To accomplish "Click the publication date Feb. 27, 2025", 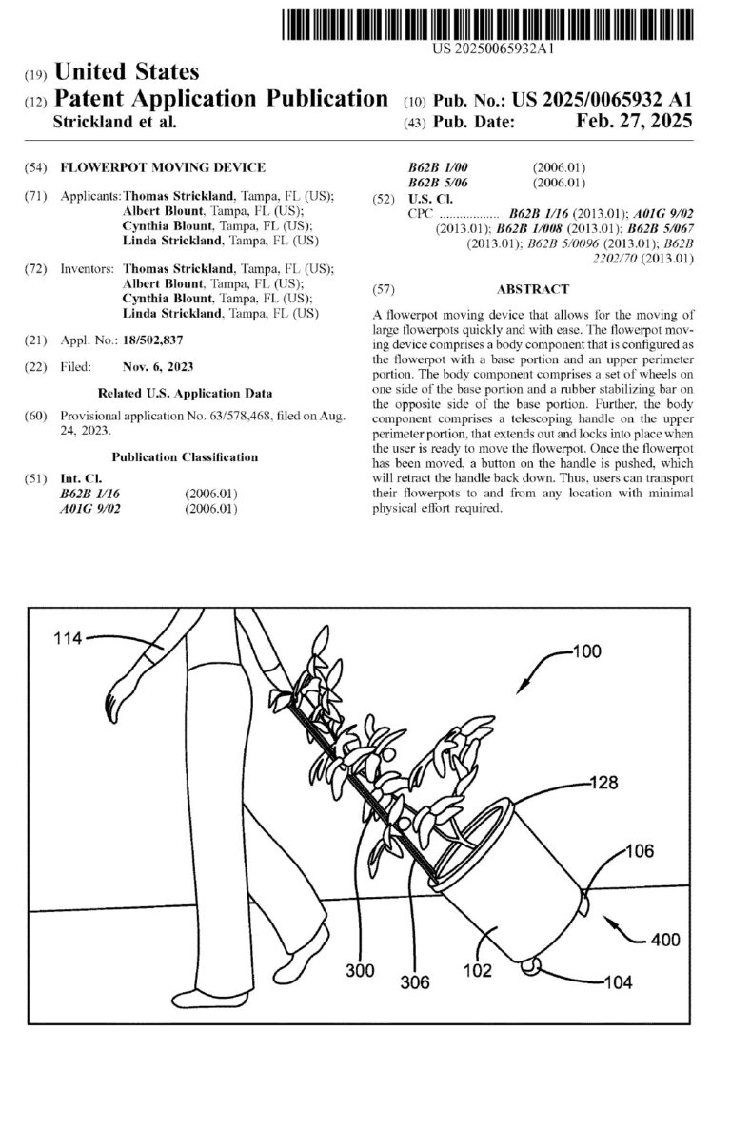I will (634, 122).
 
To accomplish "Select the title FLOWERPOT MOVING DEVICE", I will (163, 167).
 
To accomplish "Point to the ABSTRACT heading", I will (533, 289).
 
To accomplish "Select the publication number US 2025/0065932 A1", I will (602, 100).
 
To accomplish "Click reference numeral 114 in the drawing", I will (69, 640).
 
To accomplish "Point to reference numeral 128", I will (603, 784).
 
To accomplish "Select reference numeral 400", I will (665, 939).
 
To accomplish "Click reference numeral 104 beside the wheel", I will (618, 981).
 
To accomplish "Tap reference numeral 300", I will (359, 971).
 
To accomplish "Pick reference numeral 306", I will (415, 982).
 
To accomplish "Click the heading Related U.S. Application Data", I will (185, 393).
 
